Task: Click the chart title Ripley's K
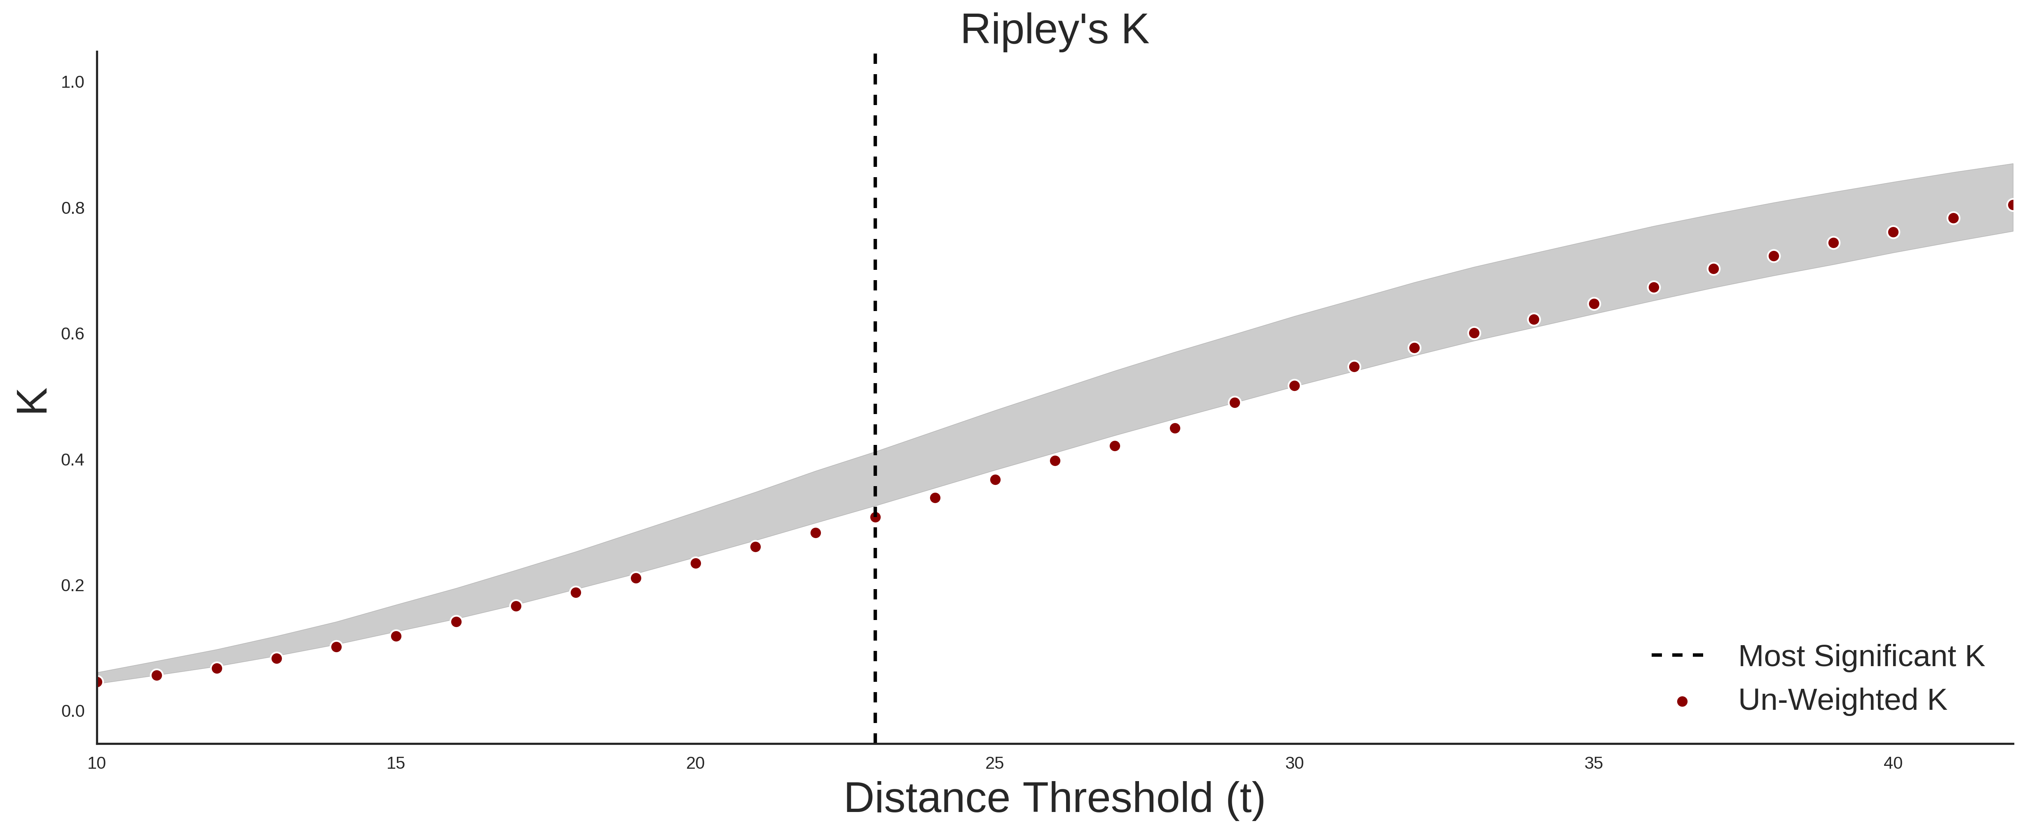pos(1054,30)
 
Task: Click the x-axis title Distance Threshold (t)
pos(1054,798)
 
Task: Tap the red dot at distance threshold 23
pos(875,517)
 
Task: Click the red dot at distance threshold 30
pos(1294,386)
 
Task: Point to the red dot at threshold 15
pos(396,636)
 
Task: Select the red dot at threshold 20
pos(696,564)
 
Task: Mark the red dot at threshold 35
pos(1594,304)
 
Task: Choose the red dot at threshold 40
pos(1893,232)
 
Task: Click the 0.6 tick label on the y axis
pos(73,334)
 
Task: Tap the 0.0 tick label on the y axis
pos(73,711)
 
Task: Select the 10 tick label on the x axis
pos(97,763)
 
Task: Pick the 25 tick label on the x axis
pos(994,763)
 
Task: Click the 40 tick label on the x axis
pos(1893,763)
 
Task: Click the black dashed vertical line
pos(875,398)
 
